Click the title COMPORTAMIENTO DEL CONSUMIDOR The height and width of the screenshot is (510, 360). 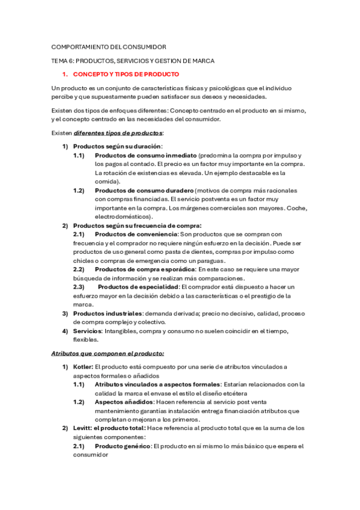click(109, 46)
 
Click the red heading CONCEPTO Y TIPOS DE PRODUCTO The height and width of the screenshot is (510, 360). click(126, 75)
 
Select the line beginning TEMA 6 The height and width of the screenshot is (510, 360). click(133, 61)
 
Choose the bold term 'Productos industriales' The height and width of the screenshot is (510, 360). click(108, 313)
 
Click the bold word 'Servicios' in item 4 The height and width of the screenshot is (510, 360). click(87, 331)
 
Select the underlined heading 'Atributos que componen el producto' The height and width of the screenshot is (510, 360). click(108, 353)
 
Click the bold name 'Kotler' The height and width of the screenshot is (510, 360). click(82, 367)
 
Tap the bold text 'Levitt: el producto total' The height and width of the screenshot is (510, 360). click(109, 428)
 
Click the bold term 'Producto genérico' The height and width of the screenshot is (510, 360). click(122, 446)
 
